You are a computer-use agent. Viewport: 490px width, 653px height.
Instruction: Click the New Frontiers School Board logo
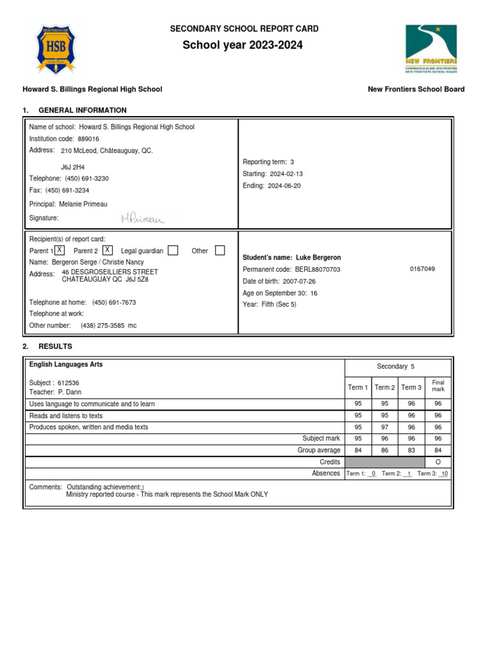point(431,49)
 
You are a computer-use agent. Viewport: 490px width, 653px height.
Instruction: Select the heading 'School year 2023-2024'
point(242,45)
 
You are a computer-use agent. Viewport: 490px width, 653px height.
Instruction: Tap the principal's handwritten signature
point(142,219)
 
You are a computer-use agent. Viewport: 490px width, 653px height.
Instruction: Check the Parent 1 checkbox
point(59,250)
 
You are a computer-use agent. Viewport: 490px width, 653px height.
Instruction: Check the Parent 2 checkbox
point(108,250)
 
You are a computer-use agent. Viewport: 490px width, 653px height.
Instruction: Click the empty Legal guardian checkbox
point(173,251)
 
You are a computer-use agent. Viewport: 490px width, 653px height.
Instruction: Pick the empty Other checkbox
point(220,251)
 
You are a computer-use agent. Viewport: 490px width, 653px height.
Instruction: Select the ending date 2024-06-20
point(284,186)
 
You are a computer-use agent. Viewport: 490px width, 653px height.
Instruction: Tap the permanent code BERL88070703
point(318,270)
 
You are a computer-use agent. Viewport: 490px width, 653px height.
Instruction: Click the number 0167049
point(422,269)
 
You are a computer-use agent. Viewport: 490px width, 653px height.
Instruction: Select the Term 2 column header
point(385,388)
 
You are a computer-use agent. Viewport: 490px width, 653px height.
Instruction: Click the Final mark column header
point(438,386)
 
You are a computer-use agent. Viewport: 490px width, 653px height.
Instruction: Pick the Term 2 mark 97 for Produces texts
point(385,427)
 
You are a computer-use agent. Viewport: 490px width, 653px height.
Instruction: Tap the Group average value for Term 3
point(412,450)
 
